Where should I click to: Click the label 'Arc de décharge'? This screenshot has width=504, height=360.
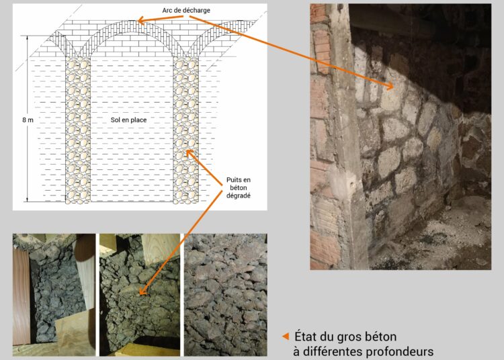[x=186, y=10]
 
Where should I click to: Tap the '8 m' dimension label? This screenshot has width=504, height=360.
[x=28, y=120]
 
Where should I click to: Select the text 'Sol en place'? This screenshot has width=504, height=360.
[x=128, y=120]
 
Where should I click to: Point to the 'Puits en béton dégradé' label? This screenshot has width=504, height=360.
[x=238, y=187]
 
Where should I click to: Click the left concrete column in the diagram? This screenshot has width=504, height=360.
[x=78, y=130]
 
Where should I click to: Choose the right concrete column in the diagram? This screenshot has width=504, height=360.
[x=185, y=130]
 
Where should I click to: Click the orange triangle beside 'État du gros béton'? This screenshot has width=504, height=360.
[x=286, y=336]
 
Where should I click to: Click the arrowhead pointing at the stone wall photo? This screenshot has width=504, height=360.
[x=390, y=86]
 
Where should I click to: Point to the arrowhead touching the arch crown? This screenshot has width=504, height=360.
[x=141, y=21]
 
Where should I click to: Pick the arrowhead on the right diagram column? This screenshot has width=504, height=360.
[x=190, y=153]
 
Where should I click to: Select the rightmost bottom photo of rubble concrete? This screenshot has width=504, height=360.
[x=225, y=295]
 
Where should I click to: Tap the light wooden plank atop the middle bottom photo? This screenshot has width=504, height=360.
[x=161, y=248]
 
